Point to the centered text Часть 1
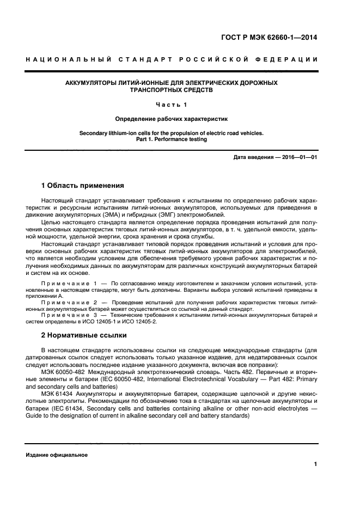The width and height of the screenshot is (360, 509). (x=172, y=104)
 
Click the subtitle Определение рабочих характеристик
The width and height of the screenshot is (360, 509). (x=172, y=118)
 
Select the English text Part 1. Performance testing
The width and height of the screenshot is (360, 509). (x=172, y=139)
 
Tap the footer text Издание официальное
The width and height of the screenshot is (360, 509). (x=57, y=455)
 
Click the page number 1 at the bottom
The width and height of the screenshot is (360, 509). (x=315, y=464)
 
